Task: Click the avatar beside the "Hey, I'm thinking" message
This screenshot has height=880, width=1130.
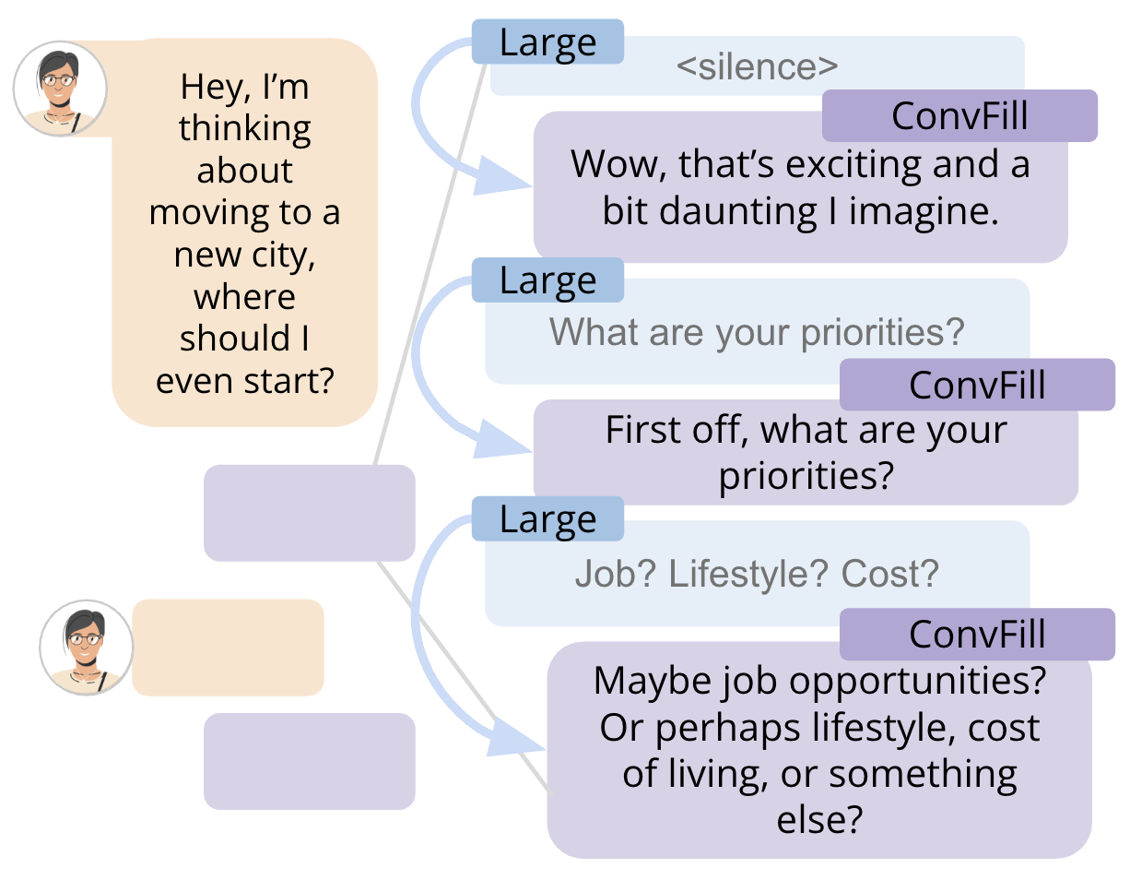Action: [60, 89]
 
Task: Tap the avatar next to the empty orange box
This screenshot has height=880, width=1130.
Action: [87, 648]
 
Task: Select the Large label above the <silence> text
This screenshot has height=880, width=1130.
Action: [547, 42]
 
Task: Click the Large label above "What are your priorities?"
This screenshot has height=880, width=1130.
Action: [547, 280]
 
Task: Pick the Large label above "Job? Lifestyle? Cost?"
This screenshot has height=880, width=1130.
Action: [547, 518]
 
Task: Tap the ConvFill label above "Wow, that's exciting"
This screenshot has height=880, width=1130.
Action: [959, 115]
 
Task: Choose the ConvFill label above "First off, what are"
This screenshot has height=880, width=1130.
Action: [977, 385]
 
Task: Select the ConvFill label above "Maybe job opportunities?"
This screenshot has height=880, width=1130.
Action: [977, 634]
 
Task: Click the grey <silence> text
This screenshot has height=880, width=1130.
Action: [757, 66]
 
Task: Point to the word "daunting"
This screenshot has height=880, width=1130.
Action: [738, 211]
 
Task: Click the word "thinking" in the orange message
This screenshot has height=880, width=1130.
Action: [245, 128]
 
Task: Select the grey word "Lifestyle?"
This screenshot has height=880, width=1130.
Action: [747, 573]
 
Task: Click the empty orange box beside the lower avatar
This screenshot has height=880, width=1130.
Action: [228, 648]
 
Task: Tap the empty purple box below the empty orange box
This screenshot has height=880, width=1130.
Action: [310, 761]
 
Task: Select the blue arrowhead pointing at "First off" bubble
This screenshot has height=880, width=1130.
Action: [500, 440]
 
